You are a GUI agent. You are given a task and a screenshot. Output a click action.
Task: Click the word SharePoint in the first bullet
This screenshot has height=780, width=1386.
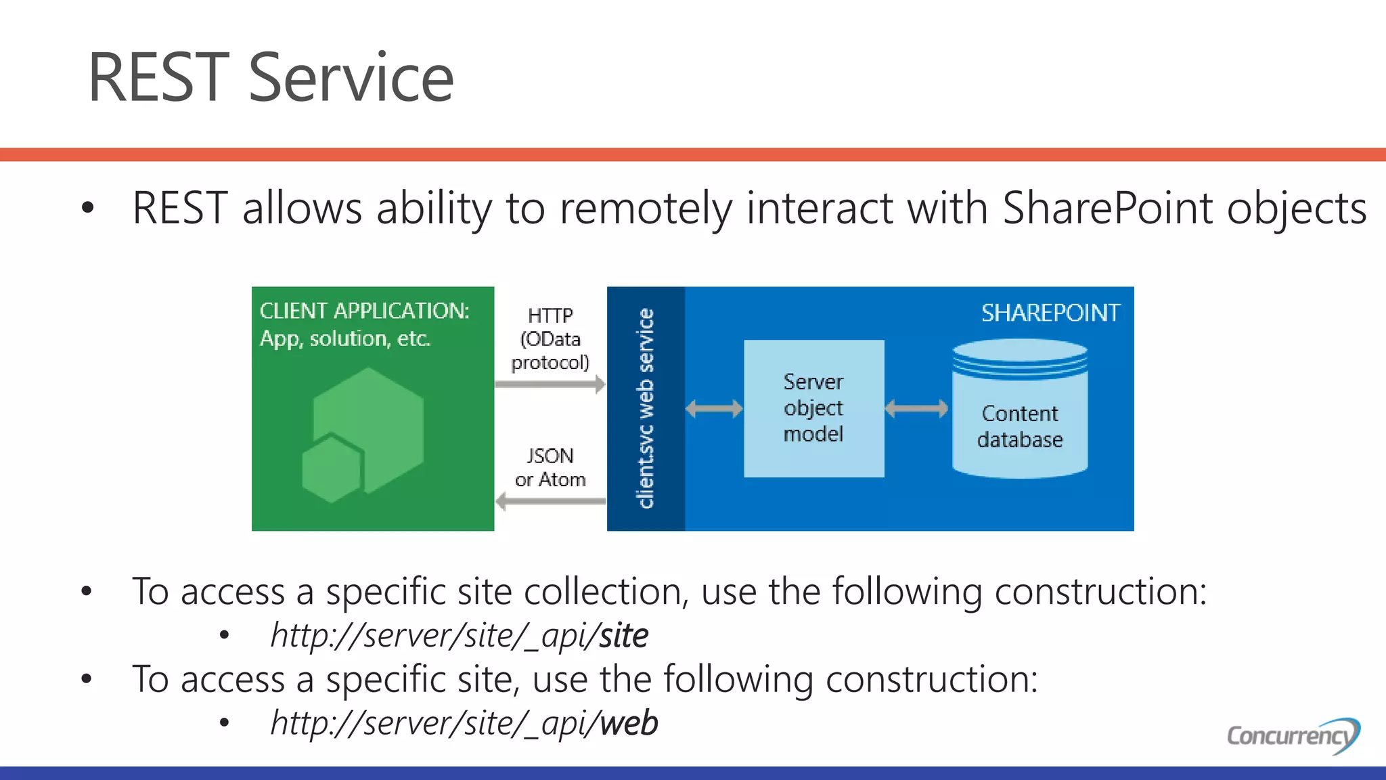pyautogui.click(x=1107, y=208)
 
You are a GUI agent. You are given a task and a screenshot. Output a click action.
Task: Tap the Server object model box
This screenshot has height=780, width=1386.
pyautogui.click(x=813, y=408)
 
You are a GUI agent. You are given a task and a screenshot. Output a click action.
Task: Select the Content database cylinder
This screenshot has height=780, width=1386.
pyautogui.click(x=1019, y=413)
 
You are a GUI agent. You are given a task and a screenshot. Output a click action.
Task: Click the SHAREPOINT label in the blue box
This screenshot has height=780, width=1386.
pyautogui.click(x=1050, y=313)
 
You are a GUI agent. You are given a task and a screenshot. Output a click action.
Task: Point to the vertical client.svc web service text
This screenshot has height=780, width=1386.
pyautogui.click(x=646, y=408)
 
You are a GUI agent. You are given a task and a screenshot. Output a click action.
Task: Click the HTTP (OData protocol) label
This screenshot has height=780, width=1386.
pyautogui.click(x=550, y=339)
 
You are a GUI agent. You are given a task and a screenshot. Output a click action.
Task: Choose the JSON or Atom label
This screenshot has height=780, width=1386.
pyautogui.click(x=550, y=467)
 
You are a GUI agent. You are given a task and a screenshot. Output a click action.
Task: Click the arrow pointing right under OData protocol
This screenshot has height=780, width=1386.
pyautogui.click(x=550, y=385)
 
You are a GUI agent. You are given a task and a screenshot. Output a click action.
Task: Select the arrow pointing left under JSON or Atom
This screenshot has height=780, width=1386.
pyautogui.click(x=550, y=502)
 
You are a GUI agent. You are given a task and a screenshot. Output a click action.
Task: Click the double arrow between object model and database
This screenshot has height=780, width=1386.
pyautogui.click(x=916, y=408)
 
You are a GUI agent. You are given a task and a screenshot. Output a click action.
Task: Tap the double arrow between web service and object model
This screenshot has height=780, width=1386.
pyautogui.click(x=714, y=408)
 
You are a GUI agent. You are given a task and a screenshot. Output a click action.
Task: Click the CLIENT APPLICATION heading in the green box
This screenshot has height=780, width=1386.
pyautogui.click(x=364, y=311)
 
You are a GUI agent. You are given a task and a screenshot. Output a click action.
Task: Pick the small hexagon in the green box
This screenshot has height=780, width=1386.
pyautogui.click(x=332, y=469)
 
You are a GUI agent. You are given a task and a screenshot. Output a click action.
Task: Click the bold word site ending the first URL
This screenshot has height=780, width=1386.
pyautogui.click(x=623, y=635)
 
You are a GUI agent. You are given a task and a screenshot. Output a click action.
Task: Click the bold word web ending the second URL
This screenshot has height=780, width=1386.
pyautogui.click(x=629, y=723)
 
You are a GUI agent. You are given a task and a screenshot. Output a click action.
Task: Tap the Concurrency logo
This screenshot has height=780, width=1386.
pyautogui.click(x=1293, y=735)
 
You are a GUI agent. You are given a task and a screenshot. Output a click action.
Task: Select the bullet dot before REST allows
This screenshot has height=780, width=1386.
pyautogui.click(x=87, y=209)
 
